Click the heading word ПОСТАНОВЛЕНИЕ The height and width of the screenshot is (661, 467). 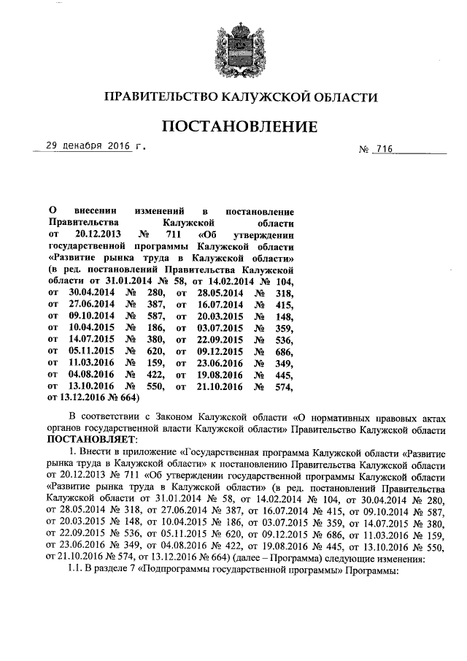(240, 126)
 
